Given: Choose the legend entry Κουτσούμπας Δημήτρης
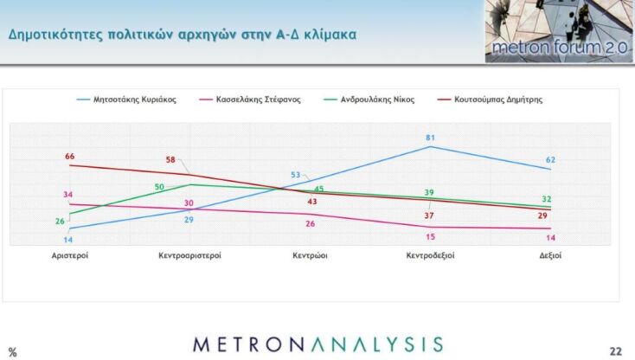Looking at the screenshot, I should [500, 100].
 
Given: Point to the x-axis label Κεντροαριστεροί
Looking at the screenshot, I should [190, 256].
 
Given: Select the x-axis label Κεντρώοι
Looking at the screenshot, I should [311, 256].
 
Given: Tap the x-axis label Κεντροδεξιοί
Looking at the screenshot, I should [431, 256].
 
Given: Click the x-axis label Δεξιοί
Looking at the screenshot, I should [549, 256].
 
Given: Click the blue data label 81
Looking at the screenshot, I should [430, 138].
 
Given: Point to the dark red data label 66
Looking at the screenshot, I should [70, 157].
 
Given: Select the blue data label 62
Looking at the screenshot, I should [550, 160].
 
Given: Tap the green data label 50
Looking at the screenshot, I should [159, 187].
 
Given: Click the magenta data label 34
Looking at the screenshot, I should [67, 195].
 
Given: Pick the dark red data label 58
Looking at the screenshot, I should [171, 160].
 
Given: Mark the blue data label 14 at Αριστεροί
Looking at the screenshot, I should [67, 240].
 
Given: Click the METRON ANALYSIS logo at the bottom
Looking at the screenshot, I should [318, 344].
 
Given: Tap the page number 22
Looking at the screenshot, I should [615, 350].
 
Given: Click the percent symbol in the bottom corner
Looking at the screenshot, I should [12, 351].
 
